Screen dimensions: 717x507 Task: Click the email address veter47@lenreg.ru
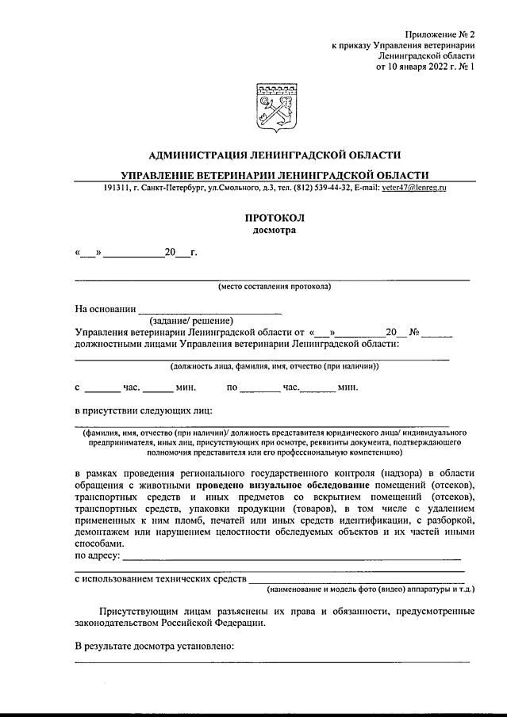[413, 188]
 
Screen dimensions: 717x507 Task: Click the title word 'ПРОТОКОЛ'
[275, 218]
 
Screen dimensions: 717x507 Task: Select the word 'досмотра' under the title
[275, 231]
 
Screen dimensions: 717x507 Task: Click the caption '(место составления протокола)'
[275, 286]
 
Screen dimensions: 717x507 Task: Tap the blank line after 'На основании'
[210, 309]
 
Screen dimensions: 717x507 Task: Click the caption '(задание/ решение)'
[191, 321]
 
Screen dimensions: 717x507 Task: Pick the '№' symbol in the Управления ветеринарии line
[413, 333]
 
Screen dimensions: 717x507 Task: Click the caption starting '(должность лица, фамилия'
[275, 366]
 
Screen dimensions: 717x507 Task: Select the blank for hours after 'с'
[102, 388]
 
